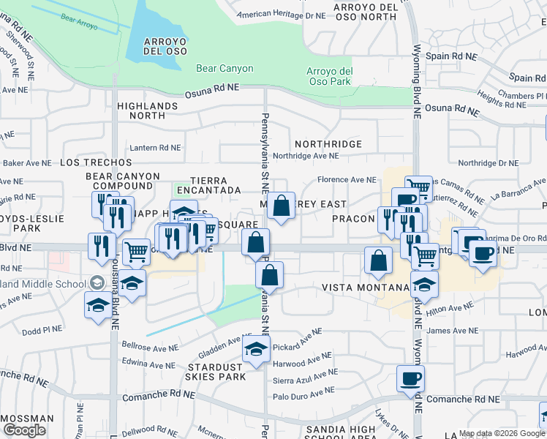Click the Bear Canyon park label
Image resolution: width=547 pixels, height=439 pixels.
pyautogui.click(x=225, y=69)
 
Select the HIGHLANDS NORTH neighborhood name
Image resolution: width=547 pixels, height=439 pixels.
pyautogui.click(x=147, y=110)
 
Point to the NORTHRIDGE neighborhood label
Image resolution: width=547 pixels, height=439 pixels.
pyautogui.click(x=328, y=144)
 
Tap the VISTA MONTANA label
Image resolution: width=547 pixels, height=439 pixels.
pyautogui.click(x=360, y=288)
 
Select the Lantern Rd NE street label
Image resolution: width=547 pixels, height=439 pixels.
pyautogui.click(x=155, y=148)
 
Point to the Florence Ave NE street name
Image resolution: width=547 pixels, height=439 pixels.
pyautogui.click(x=346, y=180)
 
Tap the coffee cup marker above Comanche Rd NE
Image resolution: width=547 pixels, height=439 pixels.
pyautogui.click(x=410, y=378)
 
